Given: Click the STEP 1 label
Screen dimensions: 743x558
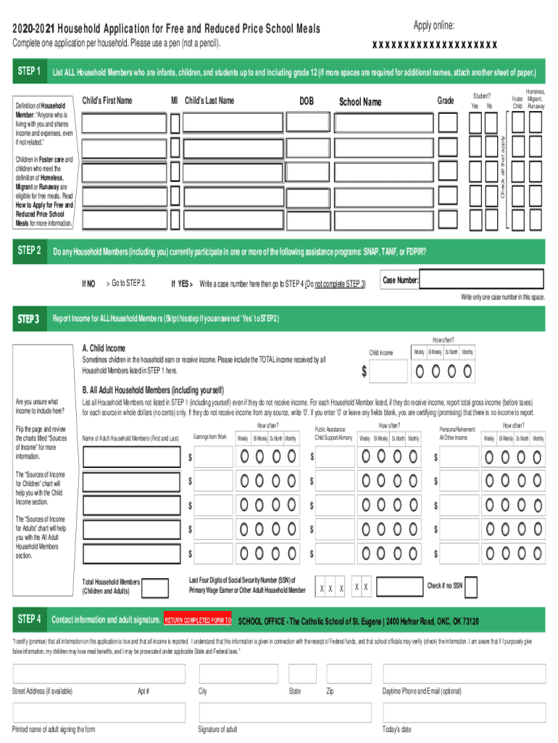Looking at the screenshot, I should pos(29,72).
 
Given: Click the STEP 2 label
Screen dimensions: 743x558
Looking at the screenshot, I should pos(29,251).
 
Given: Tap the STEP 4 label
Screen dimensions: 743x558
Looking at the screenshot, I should pos(29,619).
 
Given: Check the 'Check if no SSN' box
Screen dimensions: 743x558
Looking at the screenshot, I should pos(472,586).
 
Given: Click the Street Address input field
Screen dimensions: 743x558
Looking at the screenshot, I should pos(99,674).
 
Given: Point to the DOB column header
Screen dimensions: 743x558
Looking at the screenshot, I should pos(307,101).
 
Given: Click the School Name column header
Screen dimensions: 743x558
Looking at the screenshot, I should pos(360,102).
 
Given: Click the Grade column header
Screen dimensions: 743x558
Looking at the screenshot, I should pos(446,101).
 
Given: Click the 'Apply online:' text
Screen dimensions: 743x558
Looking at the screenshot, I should pos(434,26).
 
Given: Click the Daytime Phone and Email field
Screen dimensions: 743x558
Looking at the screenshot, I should pos(464,674).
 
